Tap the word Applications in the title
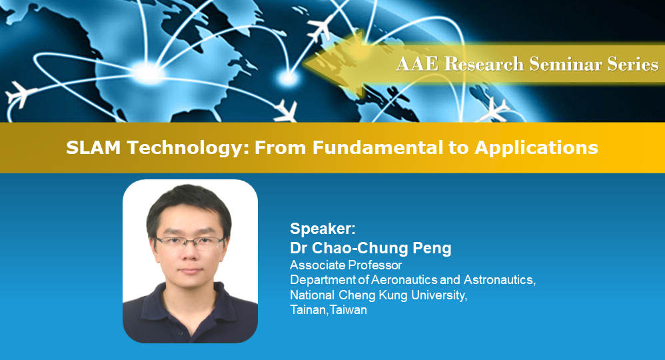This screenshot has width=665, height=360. click(536, 147)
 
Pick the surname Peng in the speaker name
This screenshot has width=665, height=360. click(433, 249)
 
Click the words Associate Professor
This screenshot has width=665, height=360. click(346, 265)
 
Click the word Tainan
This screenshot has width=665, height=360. click(307, 310)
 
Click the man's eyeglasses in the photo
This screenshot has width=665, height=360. click(191, 241)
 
